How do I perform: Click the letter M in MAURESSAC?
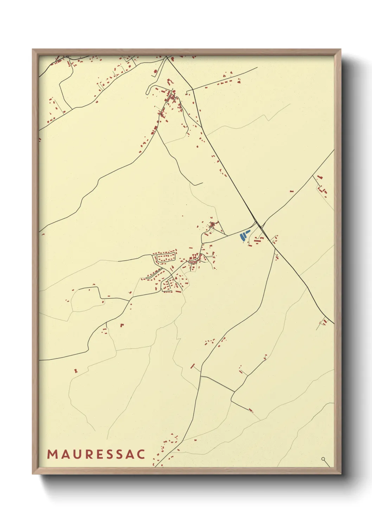(x=52, y=454)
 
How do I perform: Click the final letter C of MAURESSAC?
(x=141, y=454)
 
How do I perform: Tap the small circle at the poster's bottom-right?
(x=323, y=459)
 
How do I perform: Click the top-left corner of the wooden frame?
(x=33, y=50)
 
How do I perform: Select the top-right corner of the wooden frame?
(x=341, y=50)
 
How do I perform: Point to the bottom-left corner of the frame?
(x=33, y=474)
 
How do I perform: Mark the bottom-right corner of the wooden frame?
(x=341, y=474)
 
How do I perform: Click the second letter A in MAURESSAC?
(x=130, y=454)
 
